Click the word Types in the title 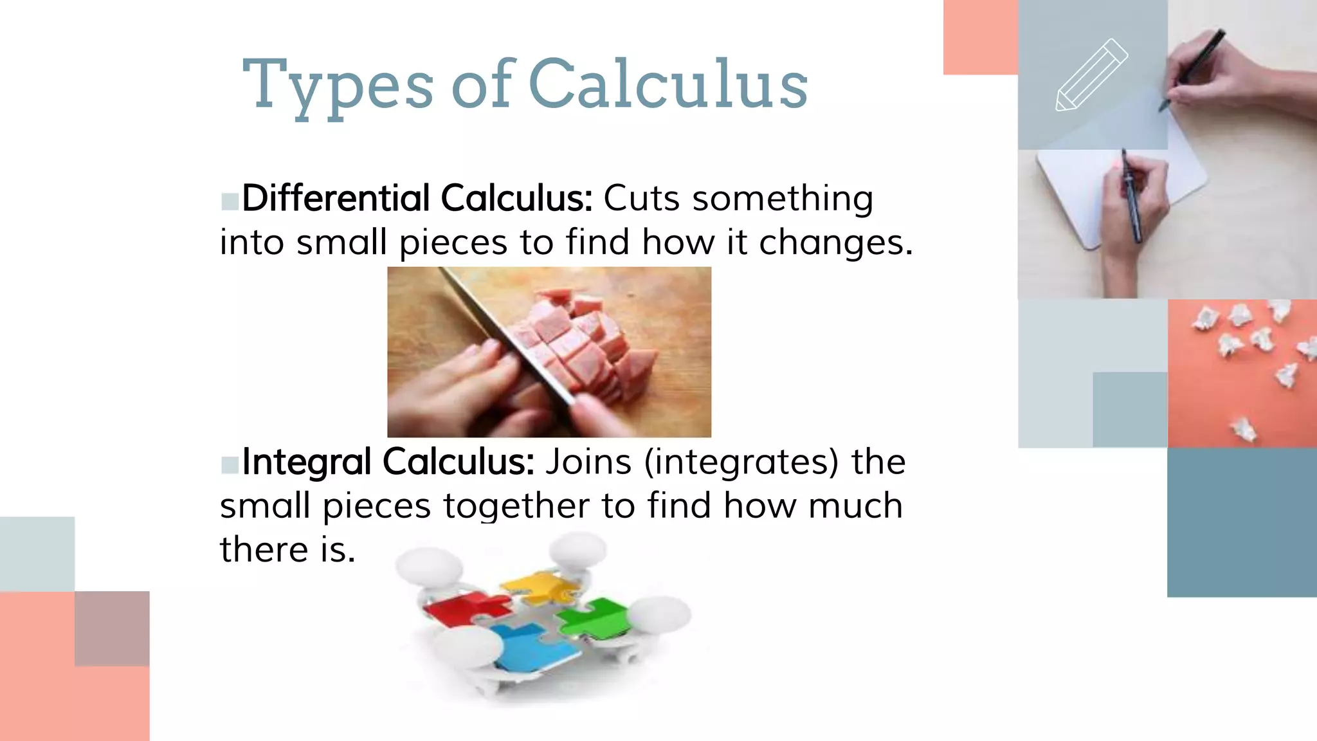pyautogui.click(x=338, y=85)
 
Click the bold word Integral pyautogui.click(x=307, y=461)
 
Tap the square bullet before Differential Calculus pyautogui.click(x=230, y=201)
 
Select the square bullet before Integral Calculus pyautogui.click(x=230, y=464)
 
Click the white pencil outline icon pyautogui.click(x=1091, y=75)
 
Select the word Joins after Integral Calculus pyautogui.click(x=588, y=462)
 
